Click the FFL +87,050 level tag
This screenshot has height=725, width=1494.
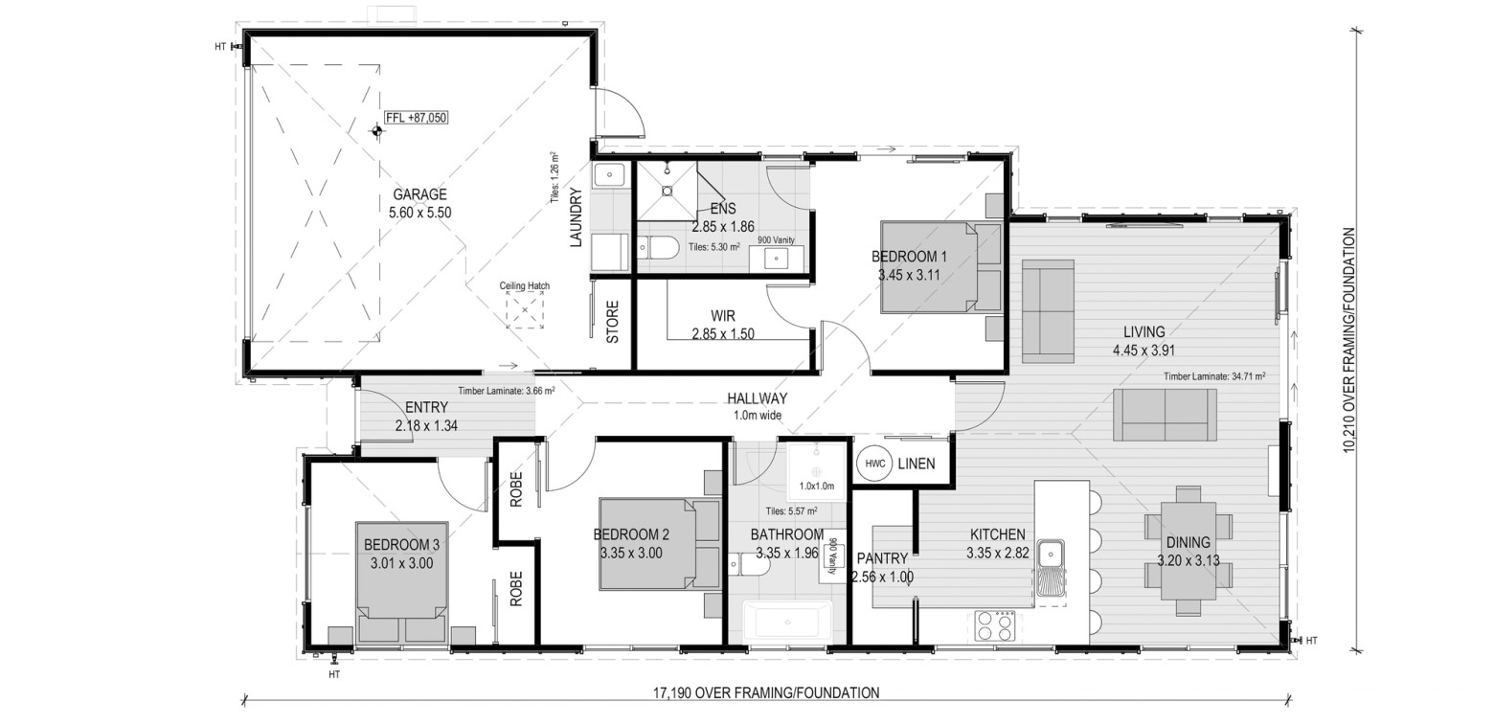coord(417,118)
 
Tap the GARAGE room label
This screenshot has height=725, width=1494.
coord(419,194)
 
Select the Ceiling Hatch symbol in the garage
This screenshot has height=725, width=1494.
coord(525,310)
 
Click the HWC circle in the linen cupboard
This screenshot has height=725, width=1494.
coord(874,464)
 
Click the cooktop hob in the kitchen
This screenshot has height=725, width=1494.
coord(994,626)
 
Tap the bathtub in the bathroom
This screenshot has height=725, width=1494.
coord(787,623)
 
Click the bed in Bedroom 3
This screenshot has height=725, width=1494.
coord(401,583)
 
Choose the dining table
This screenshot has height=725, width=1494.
coord(1188,551)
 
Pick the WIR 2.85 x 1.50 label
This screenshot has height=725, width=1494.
coord(723,325)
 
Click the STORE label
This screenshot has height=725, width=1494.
coord(612,322)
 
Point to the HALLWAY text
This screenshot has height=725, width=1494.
coord(757,398)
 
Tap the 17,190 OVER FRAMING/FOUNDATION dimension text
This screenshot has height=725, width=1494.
coord(766,693)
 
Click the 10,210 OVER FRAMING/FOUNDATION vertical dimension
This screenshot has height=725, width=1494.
coord(1349,340)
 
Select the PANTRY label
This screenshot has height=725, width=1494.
coord(882,558)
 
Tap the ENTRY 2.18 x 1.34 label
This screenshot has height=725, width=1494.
coord(426,417)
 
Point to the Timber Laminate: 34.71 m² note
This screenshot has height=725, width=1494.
coord(1214,376)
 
